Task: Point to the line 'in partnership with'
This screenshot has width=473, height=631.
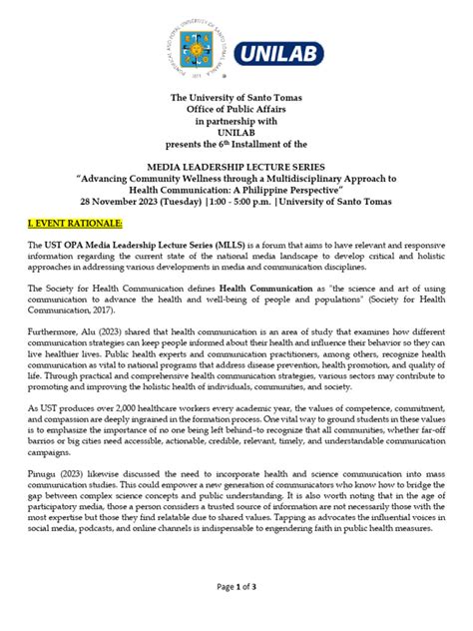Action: pos(236,121)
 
